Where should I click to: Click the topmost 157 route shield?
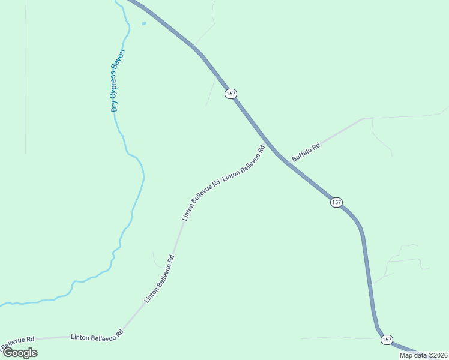tap(231, 94)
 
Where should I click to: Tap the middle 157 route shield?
tap(336, 203)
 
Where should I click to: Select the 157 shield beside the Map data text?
tap(387, 340)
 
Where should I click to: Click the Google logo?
tap(19, 353)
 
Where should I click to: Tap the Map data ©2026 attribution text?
tap(423, 355)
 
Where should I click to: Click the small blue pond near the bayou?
tap(144, 24)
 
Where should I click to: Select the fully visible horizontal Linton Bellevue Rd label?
tap(97, 338)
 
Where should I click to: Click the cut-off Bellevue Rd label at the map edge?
tap(18, 343)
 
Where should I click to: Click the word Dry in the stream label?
tap(114, 106)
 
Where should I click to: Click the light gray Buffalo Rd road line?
tap(342, 130)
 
